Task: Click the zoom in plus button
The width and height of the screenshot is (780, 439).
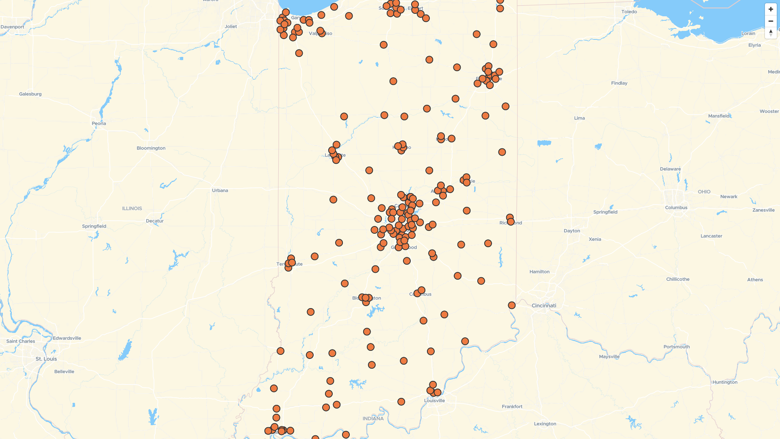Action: coord(771,9)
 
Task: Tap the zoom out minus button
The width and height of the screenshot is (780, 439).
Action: coord(771,21)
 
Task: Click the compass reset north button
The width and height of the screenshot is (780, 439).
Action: coord(771,33)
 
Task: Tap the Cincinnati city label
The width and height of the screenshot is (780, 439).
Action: coord(544,306)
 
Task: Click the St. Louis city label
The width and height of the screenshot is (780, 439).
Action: coord(46,359)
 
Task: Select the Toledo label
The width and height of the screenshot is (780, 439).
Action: coord(629,12)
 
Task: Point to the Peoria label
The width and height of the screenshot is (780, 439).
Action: coord(99,124)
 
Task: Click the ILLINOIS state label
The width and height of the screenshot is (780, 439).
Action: coord(132,209)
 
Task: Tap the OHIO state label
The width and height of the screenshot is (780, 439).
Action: coord(704,192)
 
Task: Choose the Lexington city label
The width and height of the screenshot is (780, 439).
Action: coord(545,424)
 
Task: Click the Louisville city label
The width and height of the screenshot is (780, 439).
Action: coord(434,400)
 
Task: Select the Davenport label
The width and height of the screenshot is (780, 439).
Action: coord(12,27)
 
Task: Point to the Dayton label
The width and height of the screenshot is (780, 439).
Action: coord(572,231)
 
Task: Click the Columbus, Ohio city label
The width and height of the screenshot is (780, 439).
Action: coord(676,208)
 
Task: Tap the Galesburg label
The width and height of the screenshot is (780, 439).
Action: coord(30,94)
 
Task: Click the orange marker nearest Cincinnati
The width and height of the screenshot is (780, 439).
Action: coord(511,305)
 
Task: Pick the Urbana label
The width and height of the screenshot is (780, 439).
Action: coord(220,190)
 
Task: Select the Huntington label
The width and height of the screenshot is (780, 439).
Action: coord(724,382)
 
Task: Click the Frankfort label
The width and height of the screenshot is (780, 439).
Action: coord(512,406)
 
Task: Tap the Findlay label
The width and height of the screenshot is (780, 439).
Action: coord(619,83)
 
